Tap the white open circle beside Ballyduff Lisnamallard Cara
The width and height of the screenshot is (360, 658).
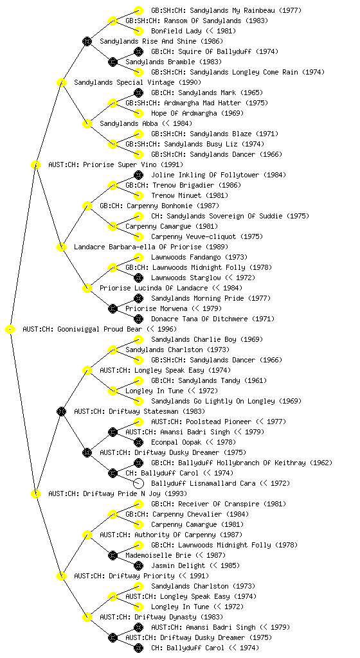tap(138, 483)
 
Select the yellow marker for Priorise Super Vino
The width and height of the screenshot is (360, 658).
tap(35, 165)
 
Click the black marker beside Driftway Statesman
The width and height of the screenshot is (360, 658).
tap(61, 412)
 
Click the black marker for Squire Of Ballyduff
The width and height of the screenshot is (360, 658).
tap(138, 51)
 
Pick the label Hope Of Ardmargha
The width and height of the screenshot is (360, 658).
tap(184, 113)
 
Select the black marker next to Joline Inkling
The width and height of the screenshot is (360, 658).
tap(138, 175)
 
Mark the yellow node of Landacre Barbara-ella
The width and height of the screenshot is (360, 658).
tap(61, 247)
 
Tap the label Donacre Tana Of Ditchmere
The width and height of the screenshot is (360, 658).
tap(199, 319)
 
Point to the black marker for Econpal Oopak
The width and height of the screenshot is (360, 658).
tap(138, 442)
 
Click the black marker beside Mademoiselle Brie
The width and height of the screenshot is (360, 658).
tap(113, 556)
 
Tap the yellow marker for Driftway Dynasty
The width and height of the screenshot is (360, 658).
tap(87, 618)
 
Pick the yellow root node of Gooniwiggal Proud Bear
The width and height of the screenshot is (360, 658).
tap(10, 330)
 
